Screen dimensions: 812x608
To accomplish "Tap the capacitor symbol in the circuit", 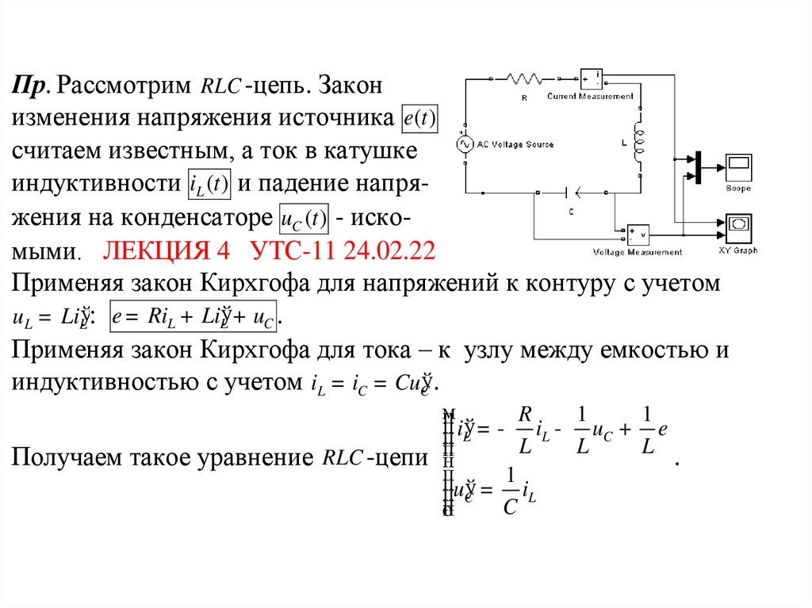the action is (572, 191).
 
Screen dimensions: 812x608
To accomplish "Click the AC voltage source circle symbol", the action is (462, 143).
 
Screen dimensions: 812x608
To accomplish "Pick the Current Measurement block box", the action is (591, 78).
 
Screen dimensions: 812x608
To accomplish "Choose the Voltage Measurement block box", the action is (638, 234).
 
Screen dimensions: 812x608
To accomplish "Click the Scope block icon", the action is (737, 167).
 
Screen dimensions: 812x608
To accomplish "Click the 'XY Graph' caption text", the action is (737, 250).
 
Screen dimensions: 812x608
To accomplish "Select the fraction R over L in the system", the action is (524, 430).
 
